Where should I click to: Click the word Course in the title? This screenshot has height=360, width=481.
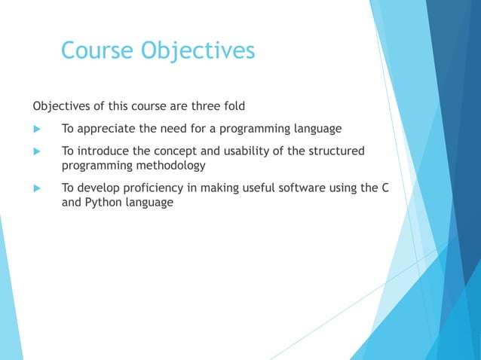(96, 50)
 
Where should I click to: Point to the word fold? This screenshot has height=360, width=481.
(232, 104)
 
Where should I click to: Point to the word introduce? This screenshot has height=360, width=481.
(103, 151)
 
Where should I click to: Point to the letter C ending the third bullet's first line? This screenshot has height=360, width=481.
(384, 188)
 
